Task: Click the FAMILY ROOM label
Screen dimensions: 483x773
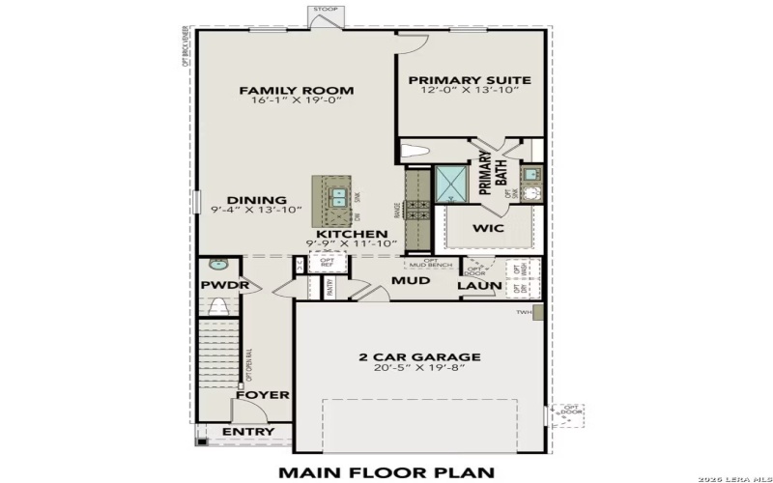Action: pos(296,91)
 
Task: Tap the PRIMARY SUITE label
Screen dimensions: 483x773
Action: pos(463,81)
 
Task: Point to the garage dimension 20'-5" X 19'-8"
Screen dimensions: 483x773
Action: pos(419,369)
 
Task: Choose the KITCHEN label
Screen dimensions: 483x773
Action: pos(352,235)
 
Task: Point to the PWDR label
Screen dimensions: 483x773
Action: pos(224,286)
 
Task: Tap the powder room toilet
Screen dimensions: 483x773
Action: pos(219,307)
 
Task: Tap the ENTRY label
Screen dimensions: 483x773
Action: pos(247,432)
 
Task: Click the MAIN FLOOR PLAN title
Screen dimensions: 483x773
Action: pos(386,472)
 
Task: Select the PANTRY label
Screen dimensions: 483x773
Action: pos(329,287)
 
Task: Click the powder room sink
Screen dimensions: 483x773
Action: pos(218,263)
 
